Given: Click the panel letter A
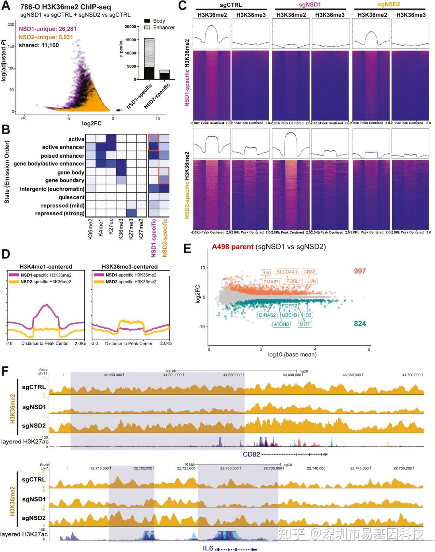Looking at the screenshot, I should (x=6, y=7).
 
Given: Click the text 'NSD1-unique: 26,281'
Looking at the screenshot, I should (x=47, y=29).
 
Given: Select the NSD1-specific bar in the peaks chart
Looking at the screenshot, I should (x=149, y=59).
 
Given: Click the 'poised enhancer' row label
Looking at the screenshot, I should (x=62, y=156).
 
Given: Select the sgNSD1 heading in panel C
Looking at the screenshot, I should (x=310, y=5).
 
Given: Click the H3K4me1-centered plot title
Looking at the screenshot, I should (x=46, y=267).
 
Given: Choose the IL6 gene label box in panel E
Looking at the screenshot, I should (x=265, y=273).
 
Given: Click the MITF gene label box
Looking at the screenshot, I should (x=305, y=324).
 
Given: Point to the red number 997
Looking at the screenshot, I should (x=359, y=271).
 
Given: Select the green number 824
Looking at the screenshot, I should (x=360, y=324).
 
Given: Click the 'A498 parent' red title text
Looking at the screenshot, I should (x=232, y=247).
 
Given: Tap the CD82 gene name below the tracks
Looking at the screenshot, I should (x=251, y=454).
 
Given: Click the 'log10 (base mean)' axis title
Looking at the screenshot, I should (x=292, y=355).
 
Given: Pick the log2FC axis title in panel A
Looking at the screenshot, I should (x=92, y=123).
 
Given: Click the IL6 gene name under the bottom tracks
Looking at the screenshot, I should (x=208, y=548).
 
